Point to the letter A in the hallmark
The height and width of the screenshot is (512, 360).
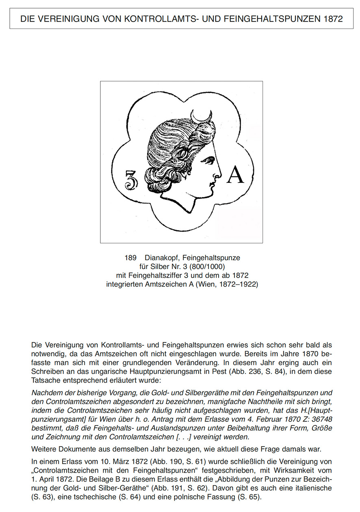click(x=236, y=175)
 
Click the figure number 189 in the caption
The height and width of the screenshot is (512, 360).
click(x=130, y=258)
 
